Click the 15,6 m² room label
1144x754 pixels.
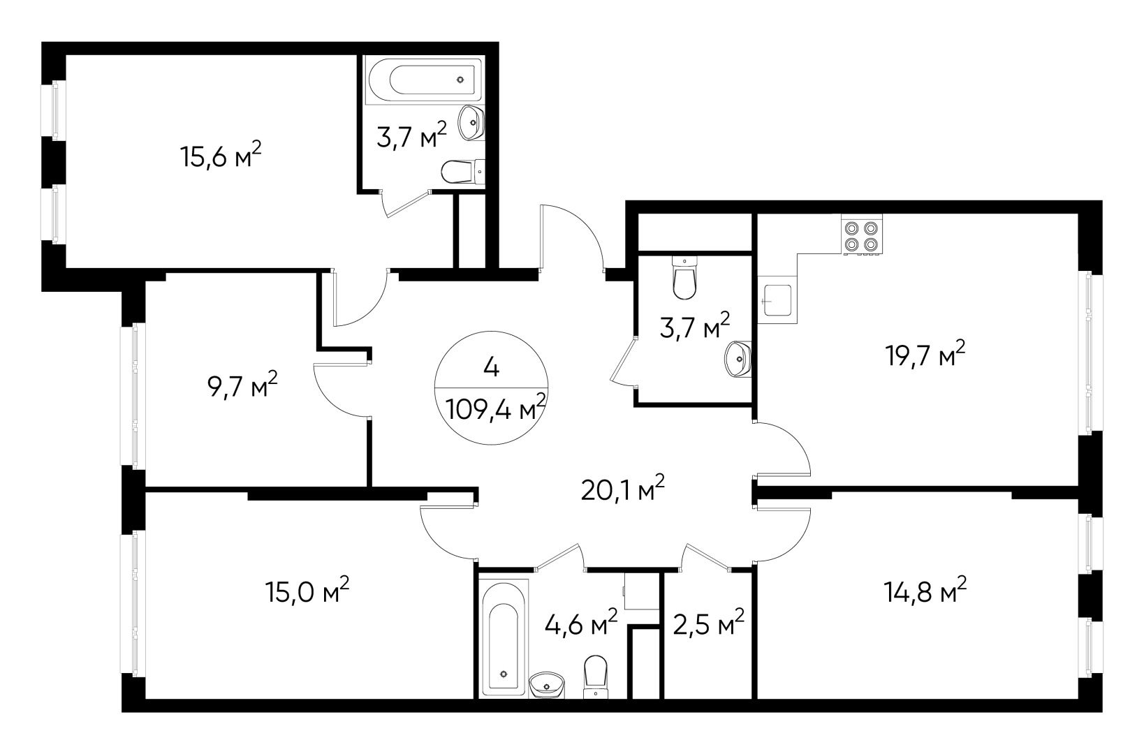tap(221, 156)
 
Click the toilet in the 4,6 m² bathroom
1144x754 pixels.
tap(595, 675)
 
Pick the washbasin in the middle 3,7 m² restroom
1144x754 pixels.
tap(738, 359)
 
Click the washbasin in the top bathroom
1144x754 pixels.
tap(471, 124)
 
